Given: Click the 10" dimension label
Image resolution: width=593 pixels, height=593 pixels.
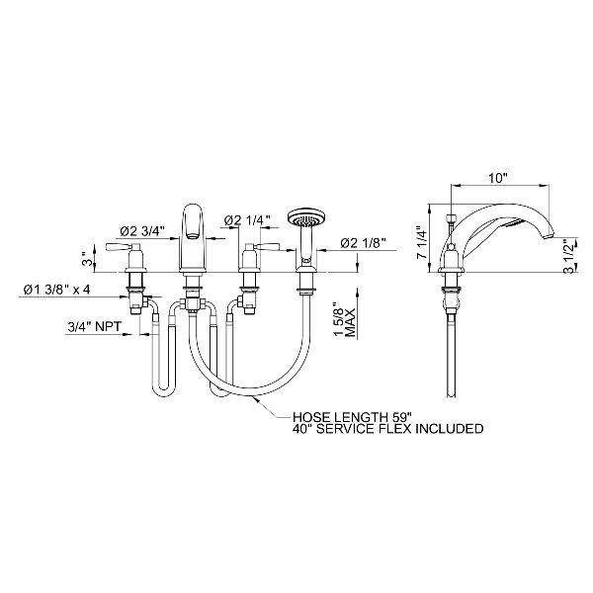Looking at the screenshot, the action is point(497,177).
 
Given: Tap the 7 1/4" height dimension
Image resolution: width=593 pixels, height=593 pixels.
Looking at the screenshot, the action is point(421,242).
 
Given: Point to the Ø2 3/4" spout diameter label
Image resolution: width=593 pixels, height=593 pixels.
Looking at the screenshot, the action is point(142,230).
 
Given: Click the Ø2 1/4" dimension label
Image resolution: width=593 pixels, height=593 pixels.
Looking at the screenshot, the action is point(247,220).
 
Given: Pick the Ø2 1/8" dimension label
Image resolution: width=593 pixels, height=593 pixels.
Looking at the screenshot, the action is point(363,243).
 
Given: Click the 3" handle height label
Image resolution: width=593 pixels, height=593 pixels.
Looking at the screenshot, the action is point(87,258).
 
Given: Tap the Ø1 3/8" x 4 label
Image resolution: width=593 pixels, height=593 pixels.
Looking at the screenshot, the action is point(56,290).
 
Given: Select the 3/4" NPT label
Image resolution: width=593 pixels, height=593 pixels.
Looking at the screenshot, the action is point(94,326).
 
